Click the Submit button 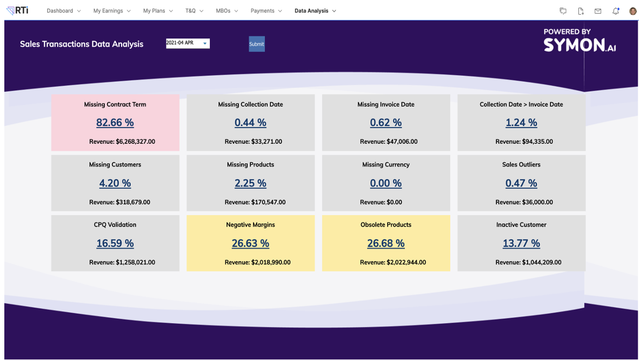[x=256, y=44]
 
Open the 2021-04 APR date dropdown [x=188, y=43]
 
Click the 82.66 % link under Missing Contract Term [x=115, y=123]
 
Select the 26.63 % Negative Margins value [x=250, y=243]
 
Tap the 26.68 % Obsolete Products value [x=385, y=243]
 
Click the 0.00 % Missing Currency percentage [x=385, y=183]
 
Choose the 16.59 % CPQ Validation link [x=115, y=243]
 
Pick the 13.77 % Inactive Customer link [x=521, y=243]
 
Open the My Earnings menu [x=111, y=11]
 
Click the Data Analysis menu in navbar [x=315, y=11]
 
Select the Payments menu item [x=265, y=11]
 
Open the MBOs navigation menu [x=227, y=11]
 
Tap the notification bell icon [x=615, y=11]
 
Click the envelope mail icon [x=597, y=11]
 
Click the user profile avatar [x=633, y=11]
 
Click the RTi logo [x=17, y=10]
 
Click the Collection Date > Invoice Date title [x=521, y=104]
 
